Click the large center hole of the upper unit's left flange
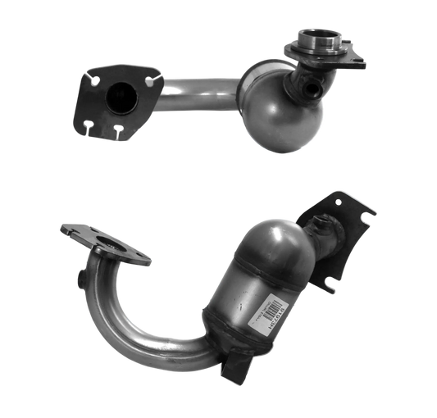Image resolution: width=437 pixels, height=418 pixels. [x=119, y=97]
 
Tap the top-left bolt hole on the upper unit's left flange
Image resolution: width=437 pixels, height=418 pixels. [x=93, y=80]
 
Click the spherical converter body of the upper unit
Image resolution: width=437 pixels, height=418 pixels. [x=279, y=115]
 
